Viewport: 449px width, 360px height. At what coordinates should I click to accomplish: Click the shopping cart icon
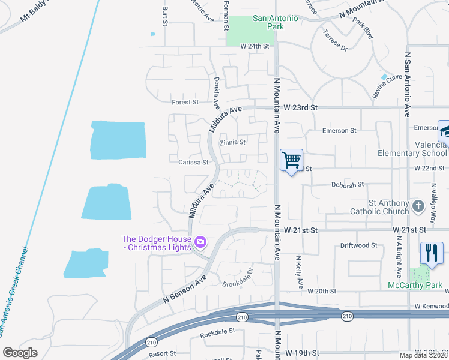291,160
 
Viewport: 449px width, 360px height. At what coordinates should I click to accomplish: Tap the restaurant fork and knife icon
432,253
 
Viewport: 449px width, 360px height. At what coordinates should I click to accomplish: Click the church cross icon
418,206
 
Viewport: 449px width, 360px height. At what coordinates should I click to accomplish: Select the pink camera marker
200,242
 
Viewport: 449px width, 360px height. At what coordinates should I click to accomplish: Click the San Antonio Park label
276,22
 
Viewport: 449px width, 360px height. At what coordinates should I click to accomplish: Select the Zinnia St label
233,143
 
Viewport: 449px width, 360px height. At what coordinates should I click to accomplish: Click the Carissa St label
193,162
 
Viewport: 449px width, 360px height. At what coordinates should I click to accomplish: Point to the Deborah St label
348,185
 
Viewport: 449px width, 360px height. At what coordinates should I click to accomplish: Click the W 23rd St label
300,107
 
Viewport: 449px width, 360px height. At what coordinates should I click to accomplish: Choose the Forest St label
185,103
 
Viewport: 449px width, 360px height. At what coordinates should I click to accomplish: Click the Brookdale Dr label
238,280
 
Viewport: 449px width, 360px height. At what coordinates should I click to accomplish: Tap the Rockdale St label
215,334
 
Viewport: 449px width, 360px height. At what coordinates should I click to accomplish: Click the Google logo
20,353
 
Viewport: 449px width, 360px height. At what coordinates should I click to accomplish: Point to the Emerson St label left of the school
339,130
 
